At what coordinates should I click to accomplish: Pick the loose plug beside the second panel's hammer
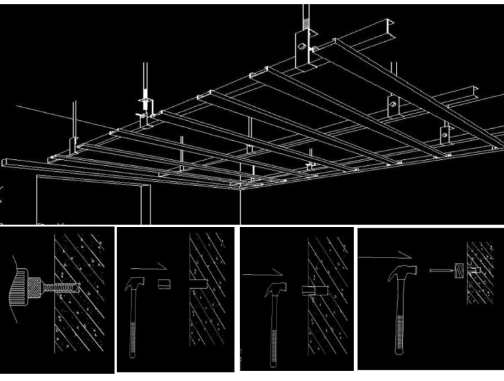164,283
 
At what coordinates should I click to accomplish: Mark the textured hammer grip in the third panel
271,344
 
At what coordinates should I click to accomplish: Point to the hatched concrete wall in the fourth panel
485,292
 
